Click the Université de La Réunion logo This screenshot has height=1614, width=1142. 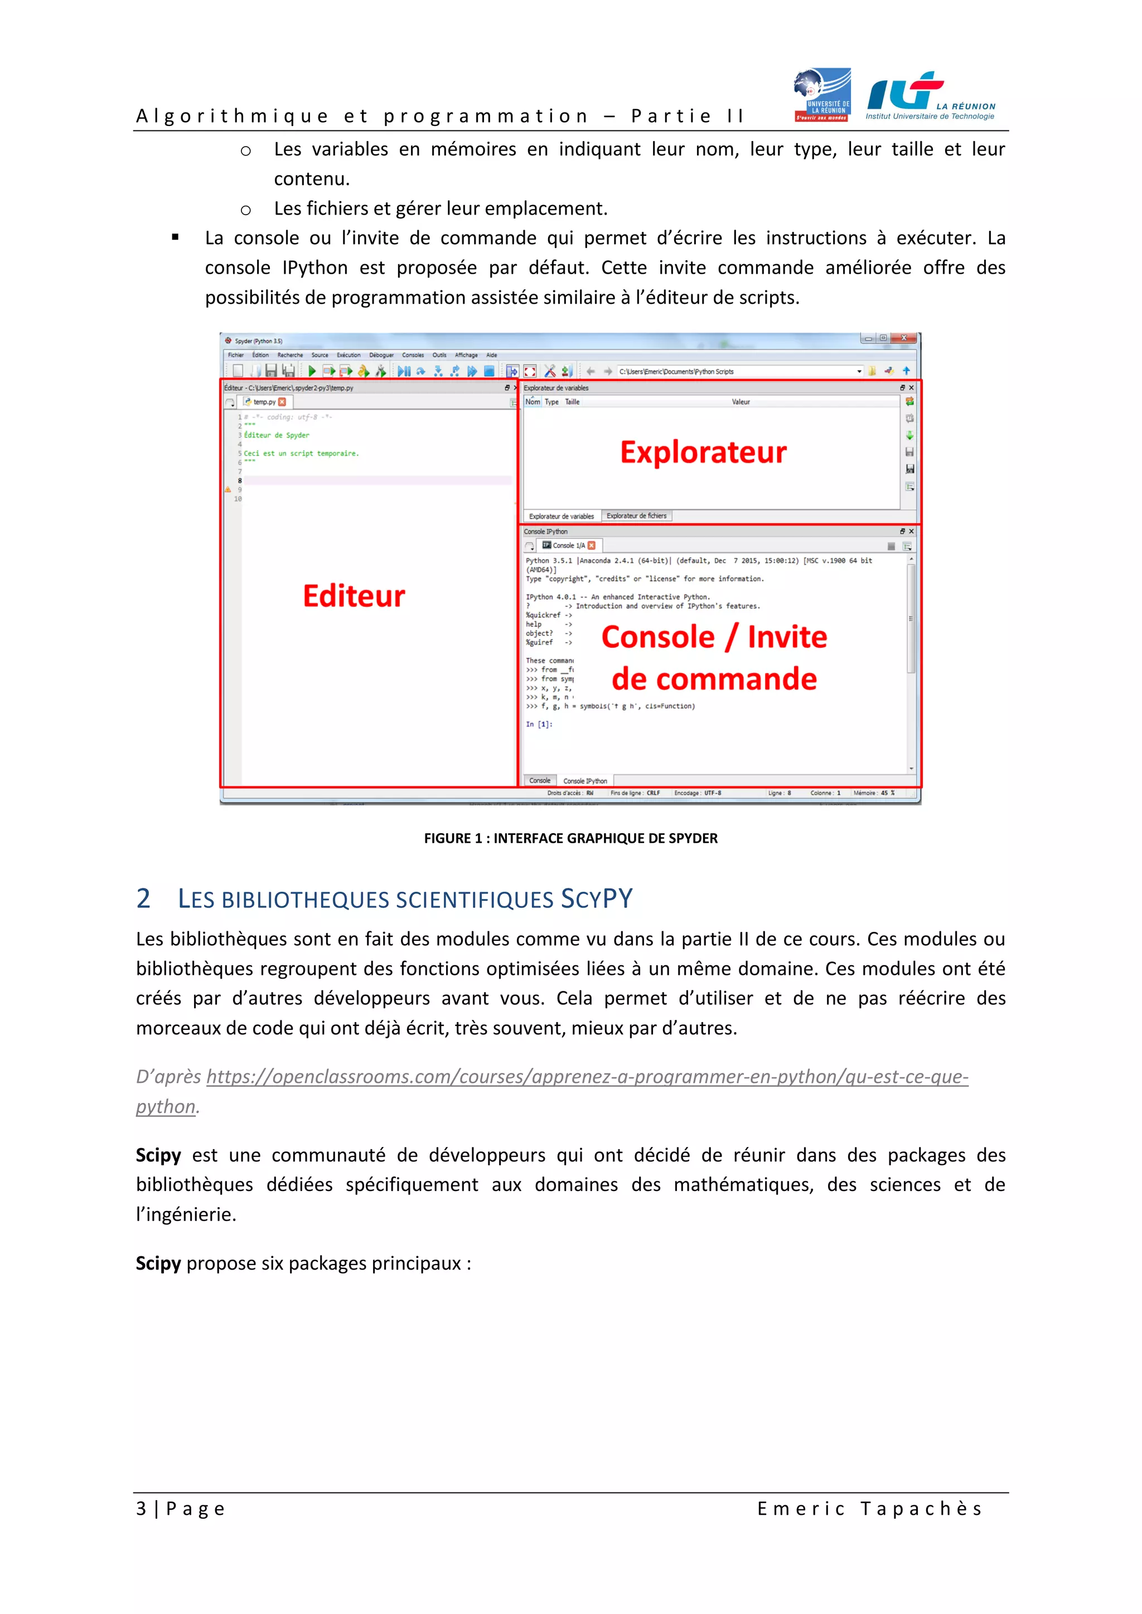822,95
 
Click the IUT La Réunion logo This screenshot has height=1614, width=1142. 930,96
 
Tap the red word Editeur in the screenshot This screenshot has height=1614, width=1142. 354,596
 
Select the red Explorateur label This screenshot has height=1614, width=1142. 703,452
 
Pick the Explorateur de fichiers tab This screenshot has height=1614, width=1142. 636,516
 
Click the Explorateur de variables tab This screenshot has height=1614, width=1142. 561,516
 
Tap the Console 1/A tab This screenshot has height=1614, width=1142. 568,546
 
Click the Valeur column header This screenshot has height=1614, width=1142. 741,402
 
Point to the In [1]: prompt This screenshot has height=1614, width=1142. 539,724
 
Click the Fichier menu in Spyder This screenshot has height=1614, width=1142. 235,355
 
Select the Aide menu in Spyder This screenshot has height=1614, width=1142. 491,355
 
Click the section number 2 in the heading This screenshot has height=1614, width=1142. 143,898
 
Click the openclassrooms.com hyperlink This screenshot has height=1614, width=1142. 587,1077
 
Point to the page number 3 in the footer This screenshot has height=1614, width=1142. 141,1509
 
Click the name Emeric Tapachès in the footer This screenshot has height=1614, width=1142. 869,1509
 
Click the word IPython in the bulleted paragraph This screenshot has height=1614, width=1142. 314,268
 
